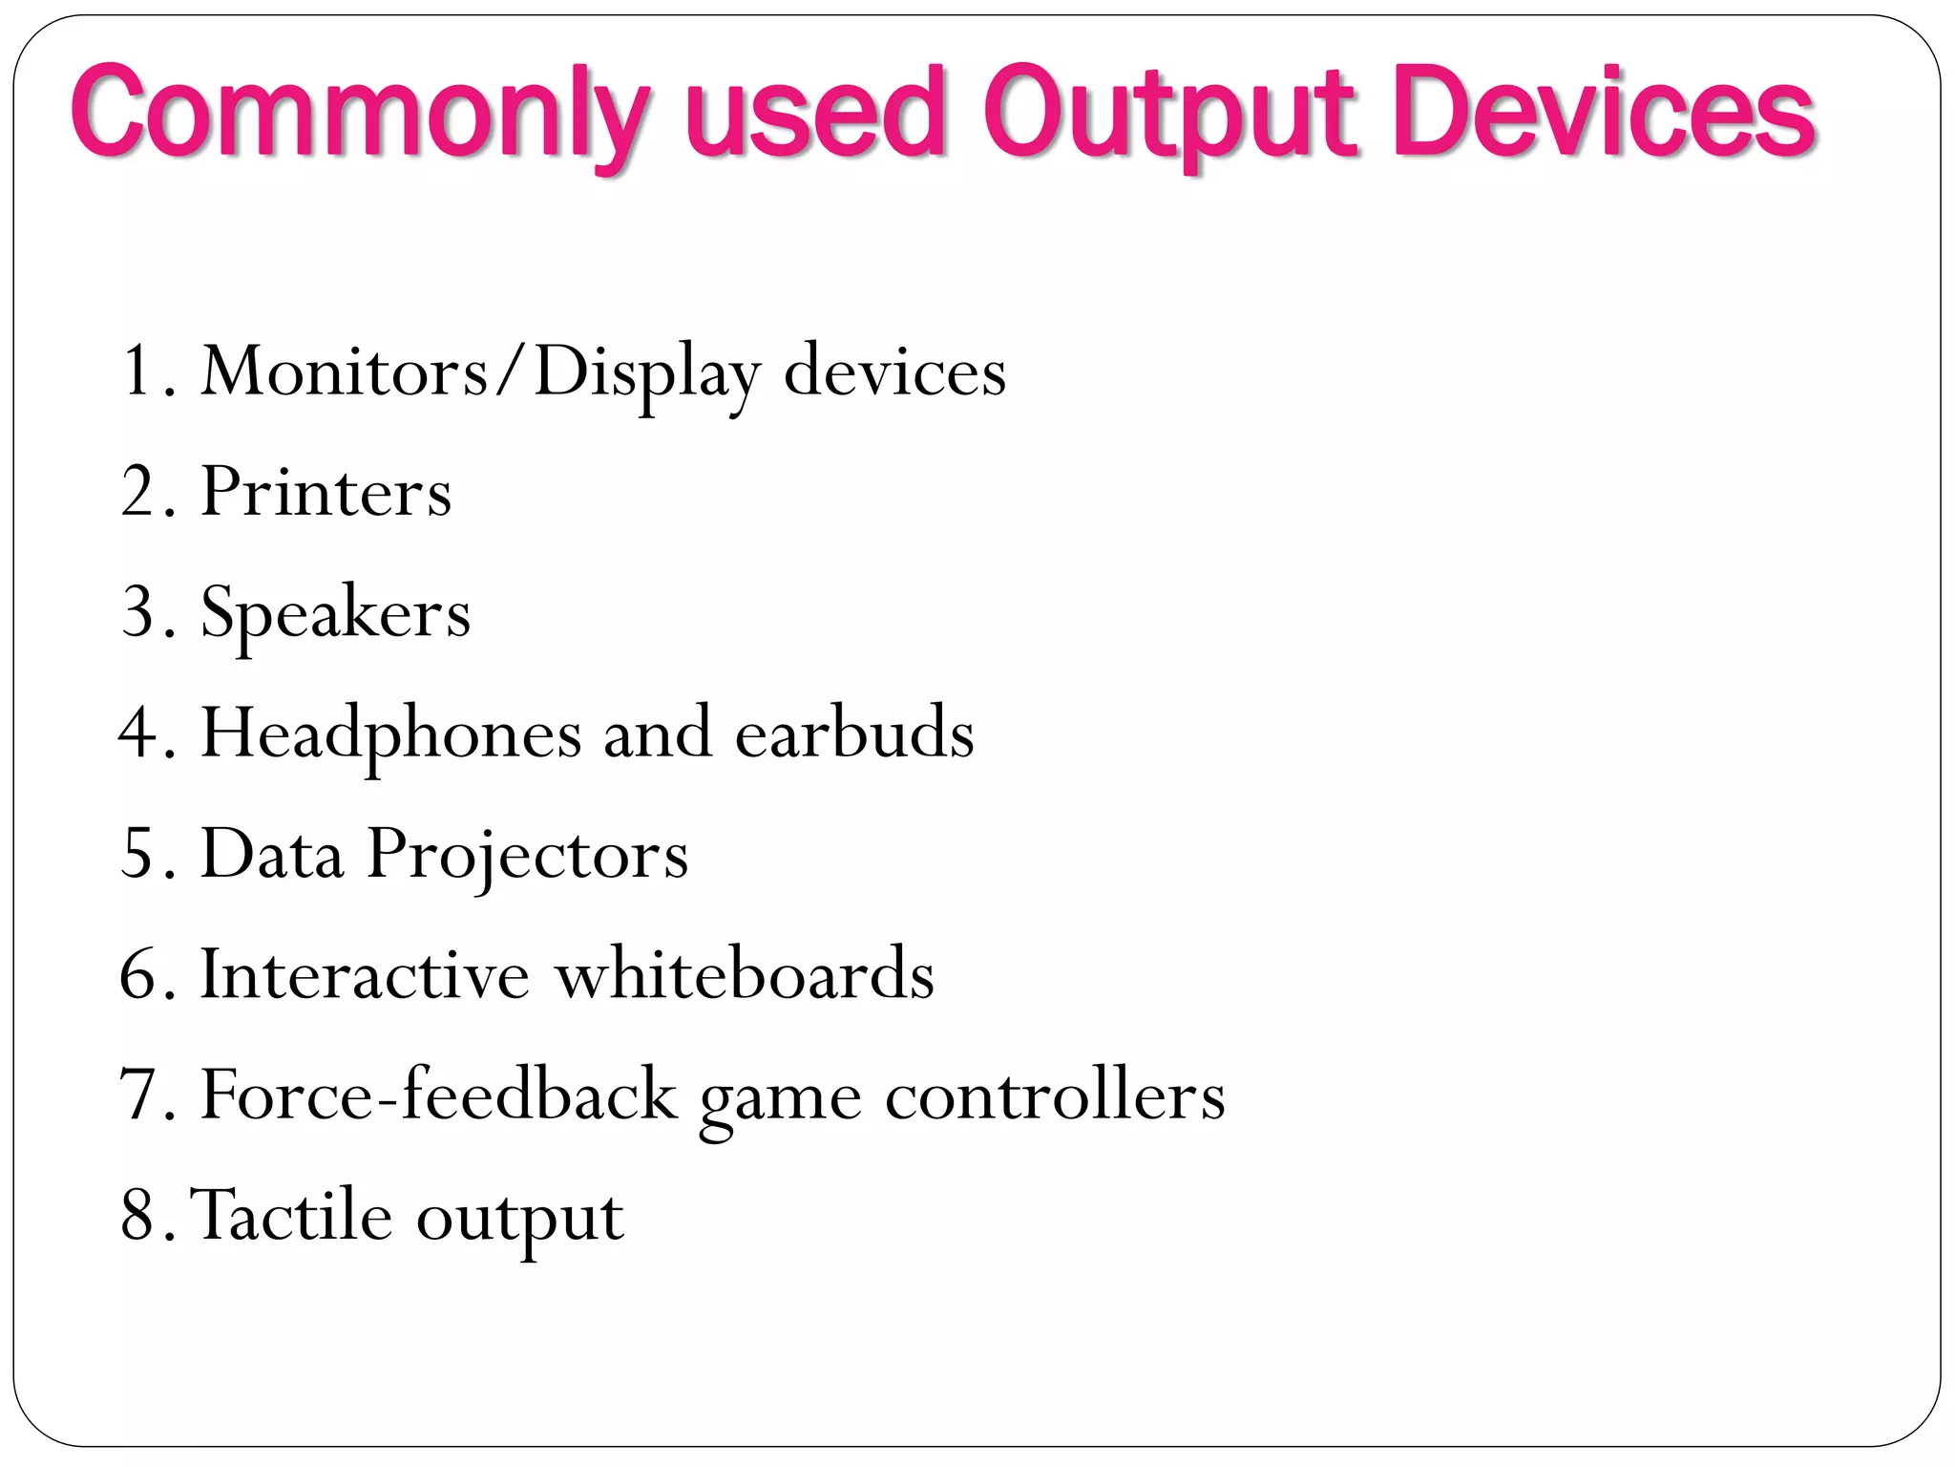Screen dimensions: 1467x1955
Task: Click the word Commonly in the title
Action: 361,115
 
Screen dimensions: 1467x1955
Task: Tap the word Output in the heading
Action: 1169,115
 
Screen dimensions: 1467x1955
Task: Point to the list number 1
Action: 138,371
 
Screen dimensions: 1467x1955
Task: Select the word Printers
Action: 326,492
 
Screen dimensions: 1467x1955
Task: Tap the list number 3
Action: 138,612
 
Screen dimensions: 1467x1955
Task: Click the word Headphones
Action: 390,733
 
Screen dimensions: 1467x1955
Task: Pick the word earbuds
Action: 854,733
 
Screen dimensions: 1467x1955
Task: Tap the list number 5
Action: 138,853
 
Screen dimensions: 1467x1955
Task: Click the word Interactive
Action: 364,974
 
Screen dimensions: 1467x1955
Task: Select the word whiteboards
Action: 745,974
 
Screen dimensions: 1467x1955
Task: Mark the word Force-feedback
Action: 438,1095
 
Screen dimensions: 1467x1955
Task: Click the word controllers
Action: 1054,1095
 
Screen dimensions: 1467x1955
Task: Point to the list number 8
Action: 138,1216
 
